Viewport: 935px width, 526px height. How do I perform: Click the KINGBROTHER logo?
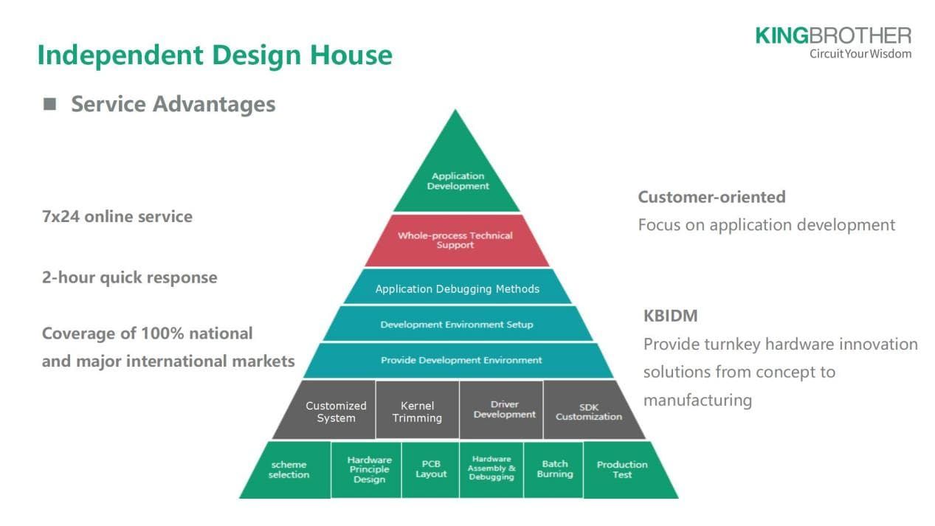[833, 42]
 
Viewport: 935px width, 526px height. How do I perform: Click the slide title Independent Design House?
[215, 55]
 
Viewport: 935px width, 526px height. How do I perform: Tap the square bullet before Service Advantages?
[49, 104]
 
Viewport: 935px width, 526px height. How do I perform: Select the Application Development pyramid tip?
[458, 181]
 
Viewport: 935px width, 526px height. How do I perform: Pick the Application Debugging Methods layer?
[457, 288]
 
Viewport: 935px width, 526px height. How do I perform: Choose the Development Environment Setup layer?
[456, 325]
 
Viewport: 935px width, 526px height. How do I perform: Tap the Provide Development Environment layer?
[460, 361]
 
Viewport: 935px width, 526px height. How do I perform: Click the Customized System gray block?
[335, 412]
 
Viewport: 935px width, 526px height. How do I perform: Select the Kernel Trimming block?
[417, 412]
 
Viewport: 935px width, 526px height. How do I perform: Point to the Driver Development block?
[503, 410]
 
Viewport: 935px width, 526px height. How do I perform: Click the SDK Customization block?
[588, 412]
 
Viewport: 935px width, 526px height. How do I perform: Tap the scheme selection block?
[289, 470]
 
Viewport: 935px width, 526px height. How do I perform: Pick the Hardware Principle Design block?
[369, 470]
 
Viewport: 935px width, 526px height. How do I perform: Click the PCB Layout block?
[431, 470]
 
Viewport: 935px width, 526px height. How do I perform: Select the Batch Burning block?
[554, 470]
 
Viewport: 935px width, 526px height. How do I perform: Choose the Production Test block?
[622, 470]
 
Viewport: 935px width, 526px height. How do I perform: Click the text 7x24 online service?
[117, 217]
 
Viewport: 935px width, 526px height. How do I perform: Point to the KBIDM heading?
[670, 316]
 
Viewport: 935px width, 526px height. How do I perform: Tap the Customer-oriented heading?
[711, 197]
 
